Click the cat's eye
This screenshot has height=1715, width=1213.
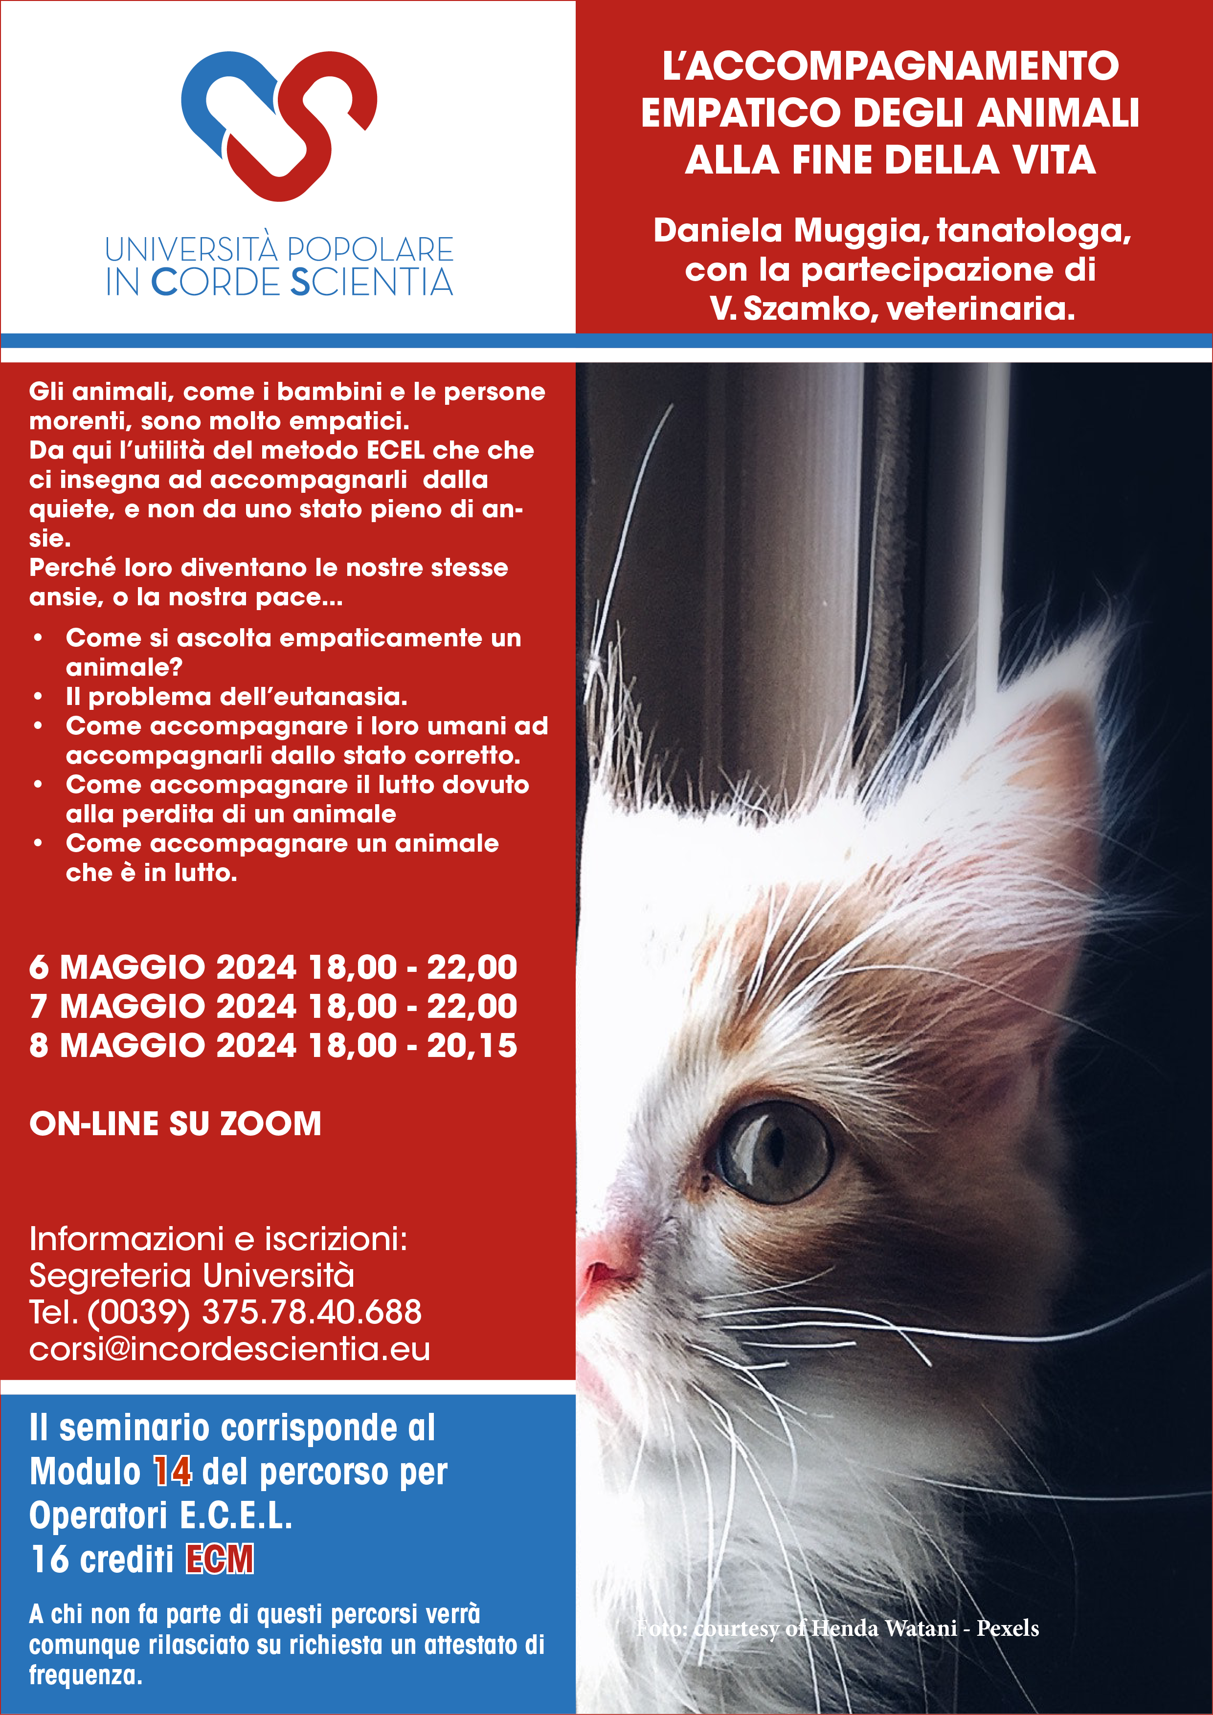(774, 1151)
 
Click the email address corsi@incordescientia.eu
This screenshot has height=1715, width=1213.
(229, 1349)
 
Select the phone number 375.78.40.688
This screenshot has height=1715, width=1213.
(311, 1312)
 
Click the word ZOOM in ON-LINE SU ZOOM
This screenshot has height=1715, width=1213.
(270, 1123)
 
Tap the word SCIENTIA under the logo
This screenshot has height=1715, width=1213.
(371, 283)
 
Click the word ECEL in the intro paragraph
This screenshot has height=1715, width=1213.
(395, 450)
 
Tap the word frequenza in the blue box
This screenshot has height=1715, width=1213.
(85, 1675)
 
